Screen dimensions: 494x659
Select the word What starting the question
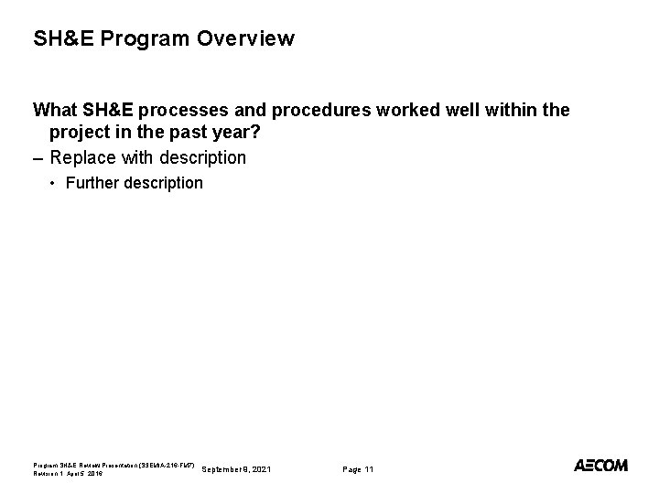(54, 111)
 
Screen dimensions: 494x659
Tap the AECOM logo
(600, 466)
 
